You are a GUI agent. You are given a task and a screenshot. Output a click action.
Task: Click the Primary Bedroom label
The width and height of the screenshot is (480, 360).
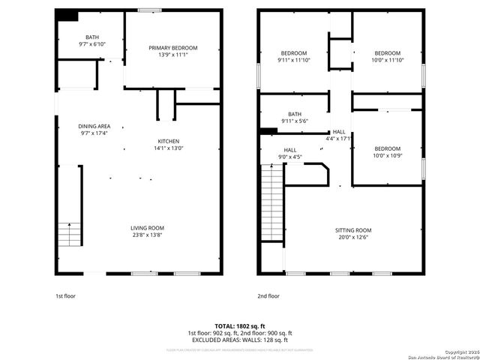(x=172, y=47)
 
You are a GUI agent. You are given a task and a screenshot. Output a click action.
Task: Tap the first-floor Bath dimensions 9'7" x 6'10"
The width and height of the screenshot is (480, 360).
(x=91, y=44)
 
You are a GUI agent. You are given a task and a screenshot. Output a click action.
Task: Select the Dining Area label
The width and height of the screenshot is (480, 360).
(x=94, y=126)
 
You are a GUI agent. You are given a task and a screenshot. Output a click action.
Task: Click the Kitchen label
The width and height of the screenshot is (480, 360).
(x=168, y=141)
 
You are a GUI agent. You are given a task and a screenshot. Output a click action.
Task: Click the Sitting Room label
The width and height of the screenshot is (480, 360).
(x=352, y=230)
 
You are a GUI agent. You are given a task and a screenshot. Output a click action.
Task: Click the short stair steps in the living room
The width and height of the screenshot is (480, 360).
(x=68, y=235)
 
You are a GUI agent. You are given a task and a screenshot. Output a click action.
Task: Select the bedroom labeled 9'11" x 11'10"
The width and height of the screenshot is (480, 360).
(x=294, y=57)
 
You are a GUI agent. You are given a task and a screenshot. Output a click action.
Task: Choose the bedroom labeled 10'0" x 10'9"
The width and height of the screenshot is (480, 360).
(x=387, y=152)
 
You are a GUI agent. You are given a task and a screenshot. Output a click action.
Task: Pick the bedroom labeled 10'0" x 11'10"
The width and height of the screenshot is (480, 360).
(x=387, y=57)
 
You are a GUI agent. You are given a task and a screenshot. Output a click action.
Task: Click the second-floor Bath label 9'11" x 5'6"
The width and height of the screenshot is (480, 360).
(x=294, y=117)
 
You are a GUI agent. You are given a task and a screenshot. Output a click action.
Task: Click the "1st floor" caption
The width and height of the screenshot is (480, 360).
(x=65, y=296)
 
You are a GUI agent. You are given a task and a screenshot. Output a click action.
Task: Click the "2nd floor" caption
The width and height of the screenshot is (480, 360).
(x=268, y=296)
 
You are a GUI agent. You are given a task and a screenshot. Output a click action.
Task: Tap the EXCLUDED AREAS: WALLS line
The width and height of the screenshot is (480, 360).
(x=240, y=340)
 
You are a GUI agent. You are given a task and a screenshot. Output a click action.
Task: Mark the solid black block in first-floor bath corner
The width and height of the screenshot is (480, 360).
(x=67, y=15)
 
